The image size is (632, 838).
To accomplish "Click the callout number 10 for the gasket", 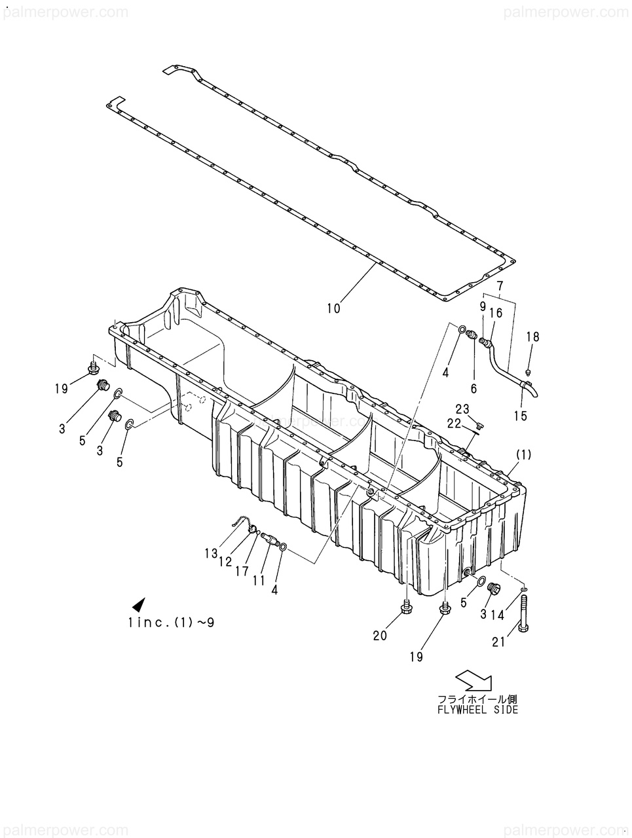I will pos(333,308).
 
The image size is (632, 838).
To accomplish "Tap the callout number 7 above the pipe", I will pos(500,286).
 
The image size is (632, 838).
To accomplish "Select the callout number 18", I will pos(533,337).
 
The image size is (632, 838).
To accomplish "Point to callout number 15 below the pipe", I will pos(520,416).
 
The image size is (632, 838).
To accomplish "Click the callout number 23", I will pos(462,410).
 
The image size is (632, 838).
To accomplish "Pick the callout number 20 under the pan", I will pos(381,635).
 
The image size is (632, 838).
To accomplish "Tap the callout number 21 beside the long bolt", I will pos(499,643).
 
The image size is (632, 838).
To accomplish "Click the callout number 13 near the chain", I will pos(210,554).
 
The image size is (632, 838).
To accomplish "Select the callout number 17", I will pos(242,572).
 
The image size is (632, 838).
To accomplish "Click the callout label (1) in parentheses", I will pos(523,454).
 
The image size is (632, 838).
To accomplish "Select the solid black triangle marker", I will pos(138,605).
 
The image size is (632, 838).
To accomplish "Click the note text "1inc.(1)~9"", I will pos(172,623).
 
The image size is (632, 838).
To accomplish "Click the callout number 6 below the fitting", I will pos(474,388).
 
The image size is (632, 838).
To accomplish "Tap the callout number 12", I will pos(225,562).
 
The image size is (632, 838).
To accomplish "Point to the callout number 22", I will pos(455,424).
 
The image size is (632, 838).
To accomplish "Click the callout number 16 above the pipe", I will pos(496,314).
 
